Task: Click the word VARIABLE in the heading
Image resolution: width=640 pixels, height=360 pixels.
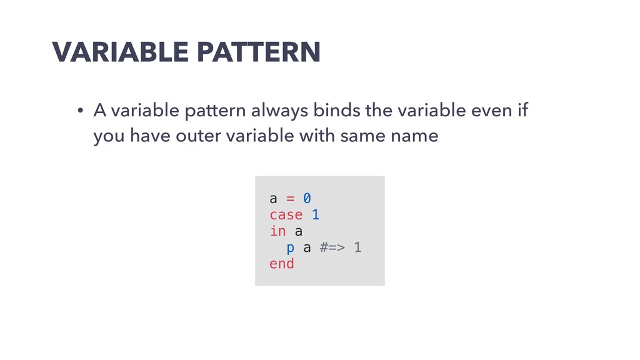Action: click(121, 52)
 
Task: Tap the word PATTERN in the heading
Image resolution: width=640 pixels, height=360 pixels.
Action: click(259, 52)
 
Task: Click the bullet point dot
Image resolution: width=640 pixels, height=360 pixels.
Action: click(81, 111)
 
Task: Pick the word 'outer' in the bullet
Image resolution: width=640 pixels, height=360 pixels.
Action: click(194, 136)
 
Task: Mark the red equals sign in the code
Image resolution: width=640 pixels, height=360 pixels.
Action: click(290, 199)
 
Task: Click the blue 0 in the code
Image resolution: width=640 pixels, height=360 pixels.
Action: click(307, 198)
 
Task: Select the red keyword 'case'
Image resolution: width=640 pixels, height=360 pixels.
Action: click(286, 215)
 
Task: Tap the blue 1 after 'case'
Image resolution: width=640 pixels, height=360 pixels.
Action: click(316, 215)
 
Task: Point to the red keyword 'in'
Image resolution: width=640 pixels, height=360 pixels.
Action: click(277, 231)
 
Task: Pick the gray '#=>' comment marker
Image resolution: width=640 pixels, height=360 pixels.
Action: click(332, 247)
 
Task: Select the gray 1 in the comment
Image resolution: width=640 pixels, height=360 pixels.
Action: click(357, 247)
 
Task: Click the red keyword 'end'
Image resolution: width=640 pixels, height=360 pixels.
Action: click(282, 264)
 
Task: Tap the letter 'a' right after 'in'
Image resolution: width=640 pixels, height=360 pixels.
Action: click(298, 232)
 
